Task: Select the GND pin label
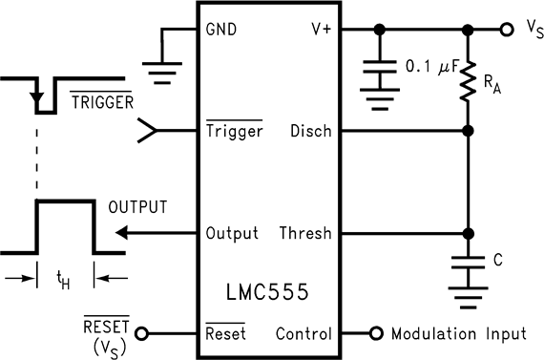coord(220,30)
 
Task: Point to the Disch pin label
coord(311,131)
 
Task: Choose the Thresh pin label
coord(305,233)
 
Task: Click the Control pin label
coord(303,334)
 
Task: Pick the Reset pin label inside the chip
coord(225,334)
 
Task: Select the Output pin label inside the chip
coord(232,233)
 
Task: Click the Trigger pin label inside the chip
coord(234,131)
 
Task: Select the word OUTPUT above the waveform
coord(137,206)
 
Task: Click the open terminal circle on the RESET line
coord(143,334)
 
